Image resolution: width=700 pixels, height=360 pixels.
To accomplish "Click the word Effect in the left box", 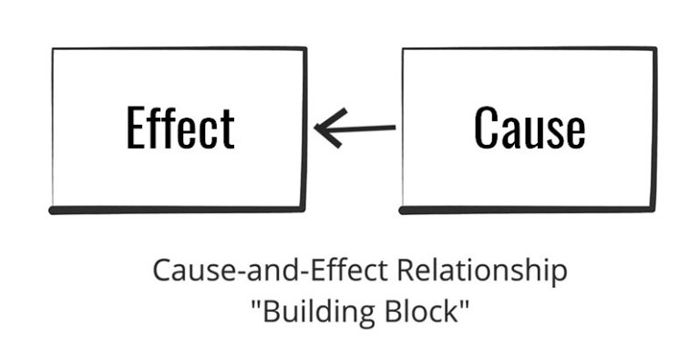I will point(180,128).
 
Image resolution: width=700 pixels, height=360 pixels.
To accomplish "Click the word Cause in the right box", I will point(529,128).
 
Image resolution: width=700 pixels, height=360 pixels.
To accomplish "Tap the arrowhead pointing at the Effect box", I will point(318,128).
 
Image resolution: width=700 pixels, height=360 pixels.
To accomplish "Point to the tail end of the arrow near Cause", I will point(395,127).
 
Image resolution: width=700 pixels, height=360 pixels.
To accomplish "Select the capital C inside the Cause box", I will point(488,128).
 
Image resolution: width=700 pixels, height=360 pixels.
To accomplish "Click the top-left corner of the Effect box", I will point(53,49).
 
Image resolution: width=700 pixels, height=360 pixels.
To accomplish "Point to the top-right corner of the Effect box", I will point(305,48).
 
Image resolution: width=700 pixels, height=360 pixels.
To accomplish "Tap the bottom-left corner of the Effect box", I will point(52,211).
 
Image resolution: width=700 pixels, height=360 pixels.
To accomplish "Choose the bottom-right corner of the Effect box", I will point(304,209).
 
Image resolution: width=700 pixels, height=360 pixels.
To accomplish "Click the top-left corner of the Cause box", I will point(403,49).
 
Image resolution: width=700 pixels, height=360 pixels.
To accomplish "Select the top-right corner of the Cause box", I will point(654,48).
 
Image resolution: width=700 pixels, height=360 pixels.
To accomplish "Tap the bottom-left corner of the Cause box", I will point(402,211).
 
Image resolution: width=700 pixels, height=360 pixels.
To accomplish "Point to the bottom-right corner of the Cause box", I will point(654,209).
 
